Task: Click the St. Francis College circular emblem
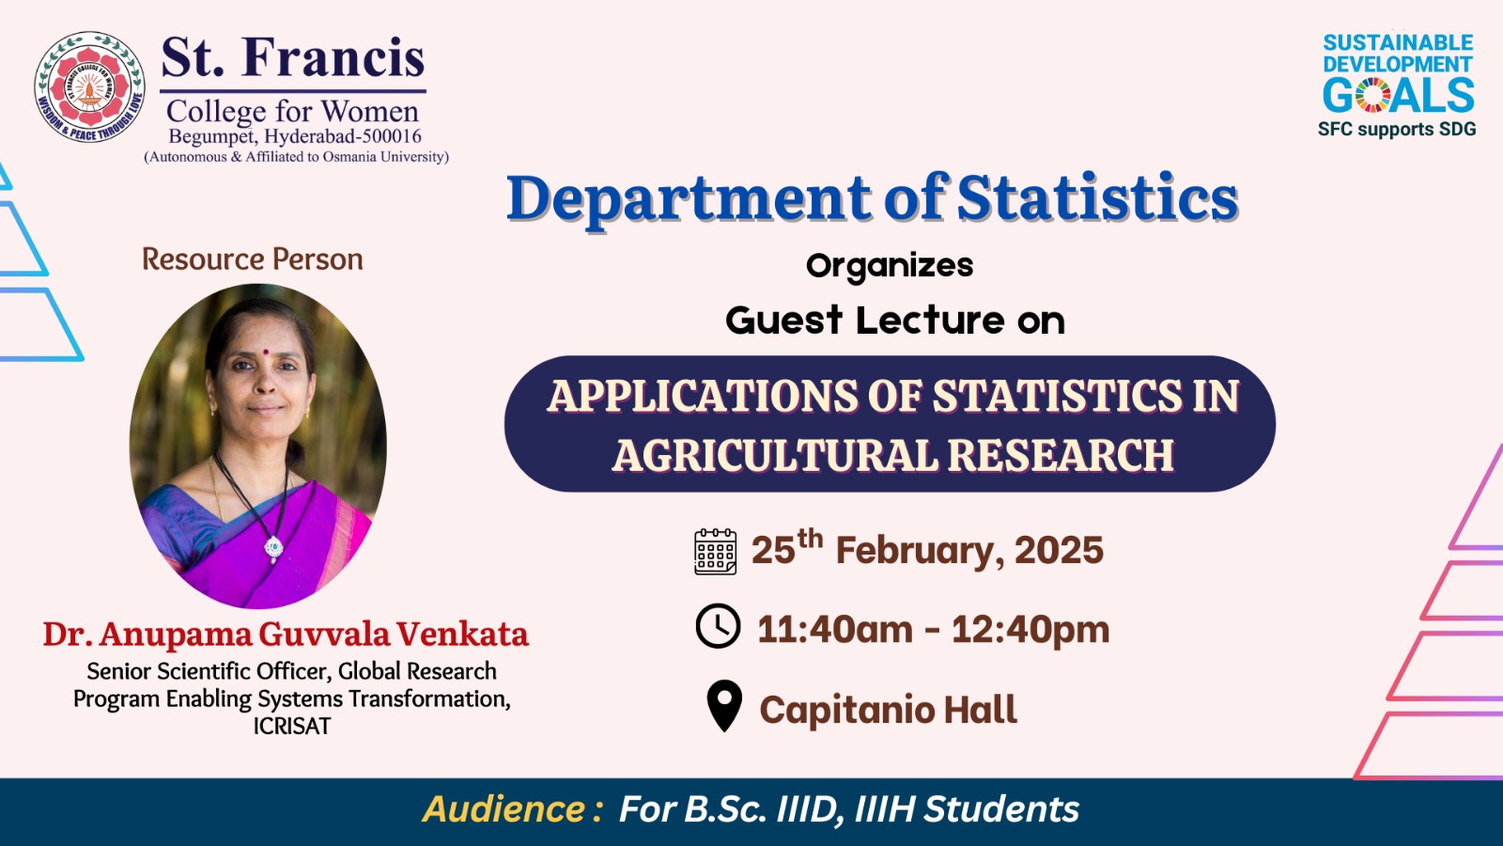click(x=90, y=87)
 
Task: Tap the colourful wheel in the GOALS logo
click(x=1372, y=95)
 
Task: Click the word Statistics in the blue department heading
click(x=1097, y=198)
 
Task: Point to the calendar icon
click(x=715, y=551)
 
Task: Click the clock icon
click(x=718, y=626)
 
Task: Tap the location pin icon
click(x=724, y=706)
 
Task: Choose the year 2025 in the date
click(x=1059, y=550)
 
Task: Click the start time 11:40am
click(x=835, y=630)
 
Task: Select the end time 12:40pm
click(x=1030, y=630)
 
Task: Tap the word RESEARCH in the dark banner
click(x=1061, y=455)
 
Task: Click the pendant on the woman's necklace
click(x=273, y=549)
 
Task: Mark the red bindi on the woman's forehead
click(x=266, y=352)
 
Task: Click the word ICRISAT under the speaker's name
click(x=292, y=727)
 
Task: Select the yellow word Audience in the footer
click(x=504, y=808)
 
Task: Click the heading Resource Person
click(x=253, y=259)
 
